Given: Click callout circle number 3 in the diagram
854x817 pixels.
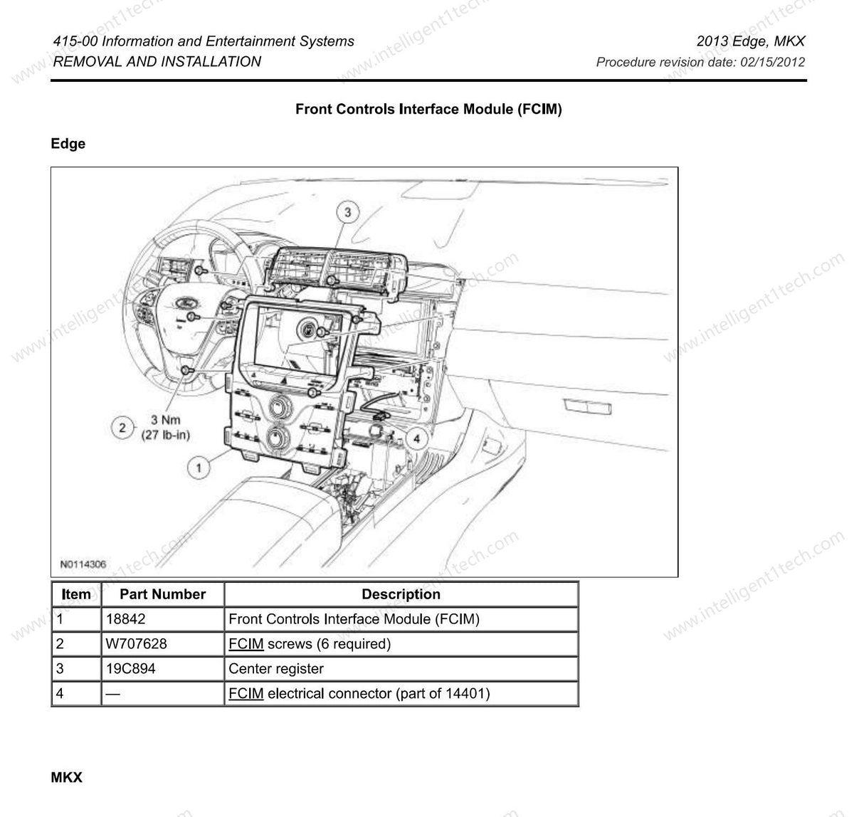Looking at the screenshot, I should [x=347, y=212].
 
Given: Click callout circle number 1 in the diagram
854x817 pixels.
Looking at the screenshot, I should [x=199, y=468].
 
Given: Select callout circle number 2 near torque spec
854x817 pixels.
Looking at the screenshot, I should [x=122, y=427].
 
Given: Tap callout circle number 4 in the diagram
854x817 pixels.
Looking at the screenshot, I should [x=416, y=437].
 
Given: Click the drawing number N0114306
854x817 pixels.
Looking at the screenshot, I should [x=83, y=564].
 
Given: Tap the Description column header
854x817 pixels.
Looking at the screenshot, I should [x=401, y=594].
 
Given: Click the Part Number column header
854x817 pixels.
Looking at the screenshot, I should [x=162, y=594].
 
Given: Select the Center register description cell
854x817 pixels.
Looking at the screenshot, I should [x=275, y=669].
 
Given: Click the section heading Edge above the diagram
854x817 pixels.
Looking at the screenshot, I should [x=68, y=144].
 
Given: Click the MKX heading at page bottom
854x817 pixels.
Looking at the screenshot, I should [x=67, y=777].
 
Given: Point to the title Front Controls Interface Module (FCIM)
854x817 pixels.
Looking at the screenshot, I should [x=428, y=110].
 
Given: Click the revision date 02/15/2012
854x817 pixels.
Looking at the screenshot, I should [x=772, y=62].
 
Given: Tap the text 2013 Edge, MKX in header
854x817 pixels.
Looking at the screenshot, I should [x=750, y=41].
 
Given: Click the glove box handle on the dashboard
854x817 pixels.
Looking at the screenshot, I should [x=587, y=406].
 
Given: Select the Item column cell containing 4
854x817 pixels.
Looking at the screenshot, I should [x=60, y=693].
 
